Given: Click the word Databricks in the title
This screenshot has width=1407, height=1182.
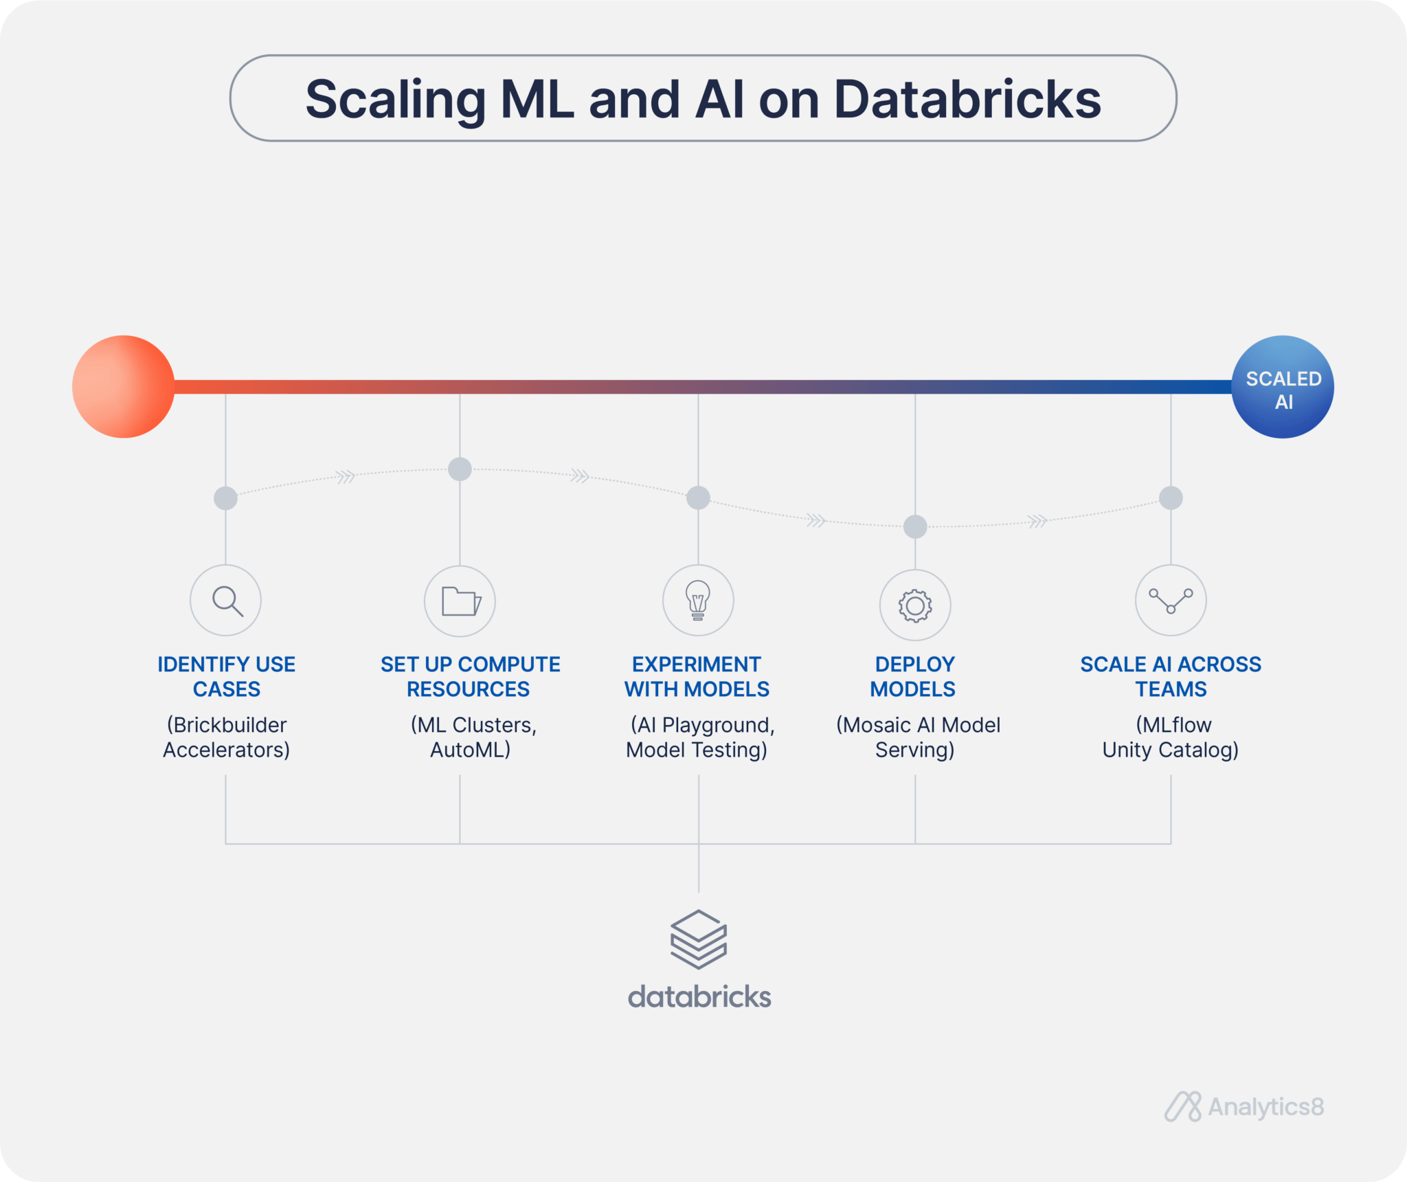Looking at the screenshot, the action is click(x=967, y=99).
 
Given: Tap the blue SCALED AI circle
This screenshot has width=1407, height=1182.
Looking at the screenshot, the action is click(x=1283, y=387).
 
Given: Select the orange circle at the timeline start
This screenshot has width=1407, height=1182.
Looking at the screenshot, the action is click(x=124, y=387).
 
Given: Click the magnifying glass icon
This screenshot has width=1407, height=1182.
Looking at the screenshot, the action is click(x=227, y=601).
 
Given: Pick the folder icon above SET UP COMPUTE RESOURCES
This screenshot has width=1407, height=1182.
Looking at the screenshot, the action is click(x=461, y=601).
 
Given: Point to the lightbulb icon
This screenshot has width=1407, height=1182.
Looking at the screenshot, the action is click(x=698, y=600).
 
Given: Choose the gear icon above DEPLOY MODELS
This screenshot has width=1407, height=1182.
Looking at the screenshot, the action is click(x=915, y=605).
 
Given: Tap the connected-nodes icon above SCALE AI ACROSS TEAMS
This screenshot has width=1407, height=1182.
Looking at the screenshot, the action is click(x=1171, y=601).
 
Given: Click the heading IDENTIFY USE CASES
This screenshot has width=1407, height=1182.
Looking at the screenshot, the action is click(x=227, y=676).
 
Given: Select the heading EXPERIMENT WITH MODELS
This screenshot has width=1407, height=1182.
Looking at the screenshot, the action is click(x=697, y=676).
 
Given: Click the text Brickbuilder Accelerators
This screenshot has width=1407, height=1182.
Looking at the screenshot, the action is click(x=227, y=737).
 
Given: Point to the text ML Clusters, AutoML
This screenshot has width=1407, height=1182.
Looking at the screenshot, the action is click(x=473, y=737).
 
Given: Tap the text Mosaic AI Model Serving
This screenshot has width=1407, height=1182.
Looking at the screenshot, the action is click(x=918, y=737).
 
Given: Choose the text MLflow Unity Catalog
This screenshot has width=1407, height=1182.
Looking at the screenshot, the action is click(x=1171, y=737).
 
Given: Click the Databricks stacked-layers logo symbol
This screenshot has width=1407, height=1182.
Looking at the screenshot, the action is click(x=699, y=939).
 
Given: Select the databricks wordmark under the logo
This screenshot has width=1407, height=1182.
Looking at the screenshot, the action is click(x=699, y=996).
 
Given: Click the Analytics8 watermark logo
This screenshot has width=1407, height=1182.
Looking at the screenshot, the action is click(x=1244, y=1106).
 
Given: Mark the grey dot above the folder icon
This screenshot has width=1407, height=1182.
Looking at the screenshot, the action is click(x=460, y=469).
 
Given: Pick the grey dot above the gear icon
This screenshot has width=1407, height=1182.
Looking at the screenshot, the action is click(x=915, y=527).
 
